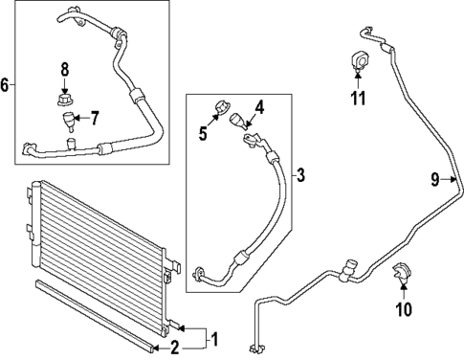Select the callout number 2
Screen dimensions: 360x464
(174, 346)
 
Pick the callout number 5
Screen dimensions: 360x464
(203, 133)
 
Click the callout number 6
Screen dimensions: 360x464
(7, 85)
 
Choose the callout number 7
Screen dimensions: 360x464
(94, 119)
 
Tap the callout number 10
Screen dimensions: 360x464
(403, 309)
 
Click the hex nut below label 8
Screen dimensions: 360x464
(65, 98)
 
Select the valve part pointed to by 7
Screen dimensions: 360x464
(67, 123)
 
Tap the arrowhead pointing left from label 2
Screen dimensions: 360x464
(157, 346)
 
